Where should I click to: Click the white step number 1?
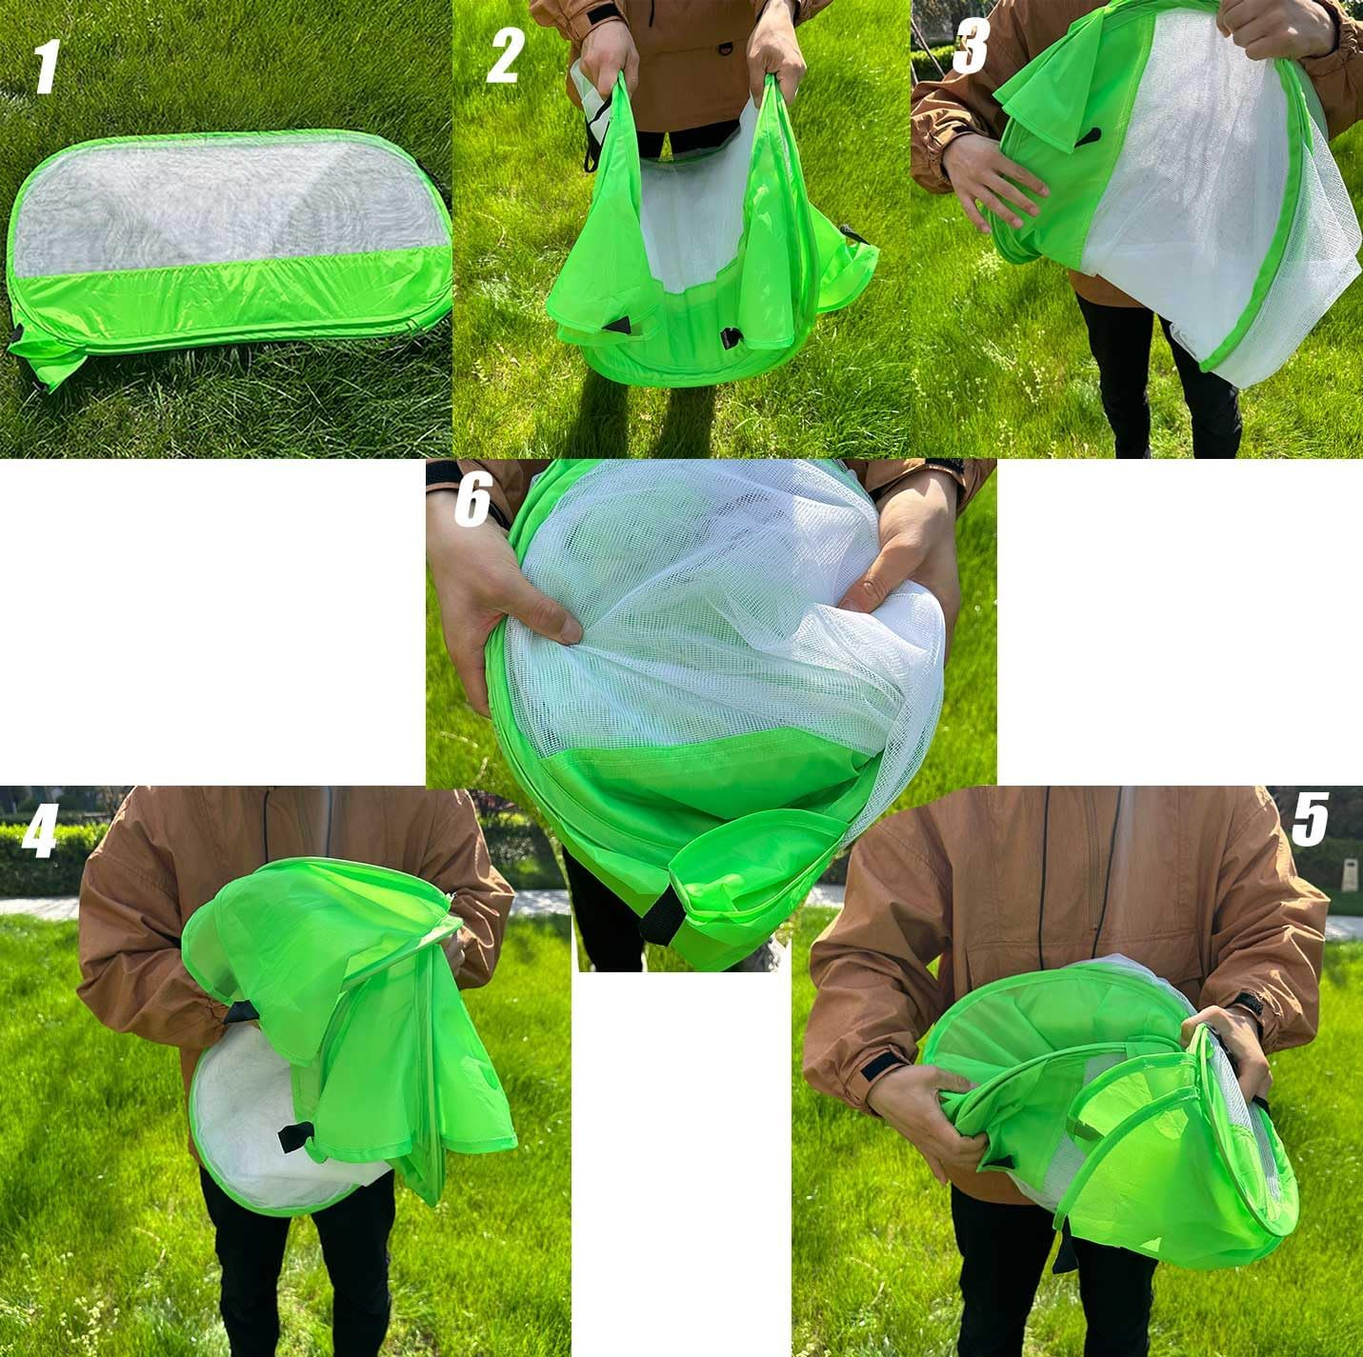tap(46, 68)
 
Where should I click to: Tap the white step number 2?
tap(504, 56)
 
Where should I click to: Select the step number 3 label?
tap(971, 47)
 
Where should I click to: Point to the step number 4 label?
tap(40, 831)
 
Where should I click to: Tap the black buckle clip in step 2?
tap(731, 337)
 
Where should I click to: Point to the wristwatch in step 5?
tap(1249, 1005)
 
